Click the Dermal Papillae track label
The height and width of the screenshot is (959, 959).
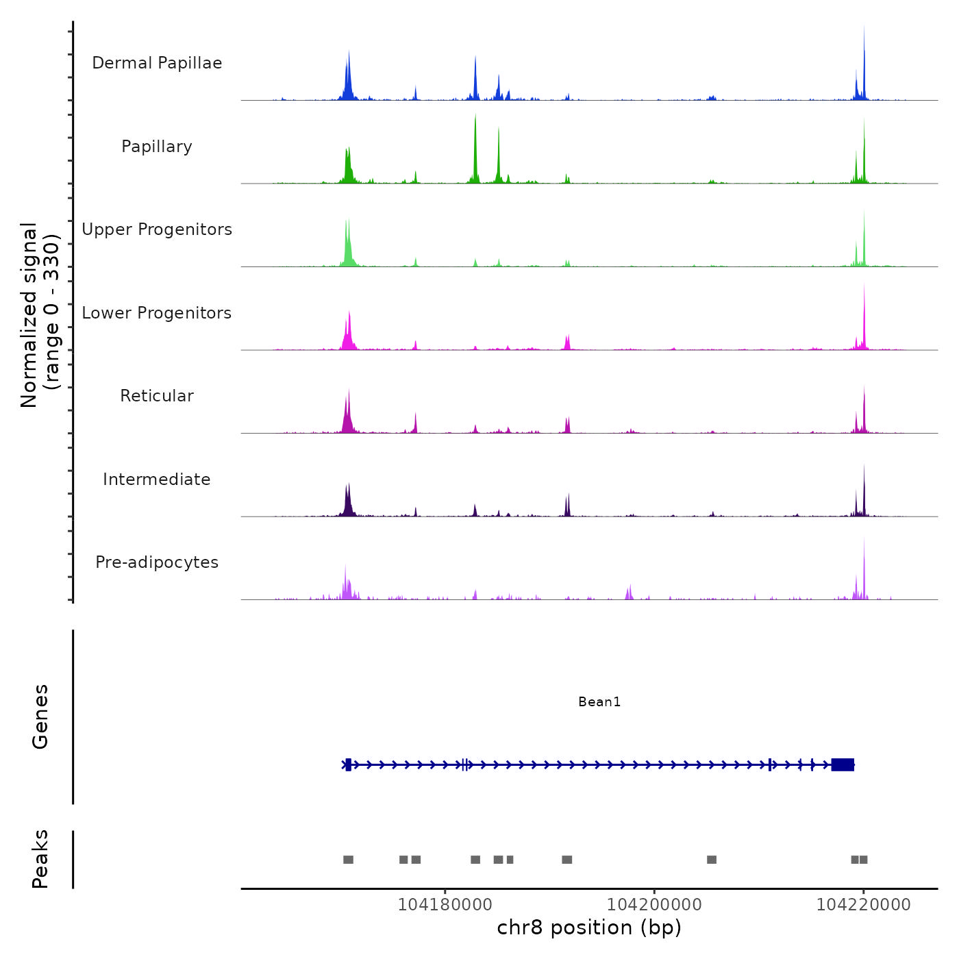point(157,63)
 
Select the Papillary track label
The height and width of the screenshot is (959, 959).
point(157,147)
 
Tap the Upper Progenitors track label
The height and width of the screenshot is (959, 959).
point(157,229)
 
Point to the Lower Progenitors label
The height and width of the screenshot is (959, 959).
point(157,313)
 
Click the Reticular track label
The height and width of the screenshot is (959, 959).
point(157,396)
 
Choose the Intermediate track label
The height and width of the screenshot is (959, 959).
point(157,480)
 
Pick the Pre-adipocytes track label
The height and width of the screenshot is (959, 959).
point(157,562)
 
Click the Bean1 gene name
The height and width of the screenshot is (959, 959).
point(599,701)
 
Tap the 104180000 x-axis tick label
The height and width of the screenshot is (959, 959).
point(445,905)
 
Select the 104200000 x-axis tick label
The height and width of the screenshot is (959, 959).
point(654,905)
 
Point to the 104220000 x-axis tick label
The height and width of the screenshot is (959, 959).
point(863,905)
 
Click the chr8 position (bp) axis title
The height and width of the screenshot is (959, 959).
point(589,927)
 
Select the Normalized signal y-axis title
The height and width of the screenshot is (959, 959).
point(40,315)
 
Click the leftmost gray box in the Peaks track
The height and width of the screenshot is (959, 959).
point(348,860)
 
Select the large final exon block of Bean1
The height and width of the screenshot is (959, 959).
point(843,764)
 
